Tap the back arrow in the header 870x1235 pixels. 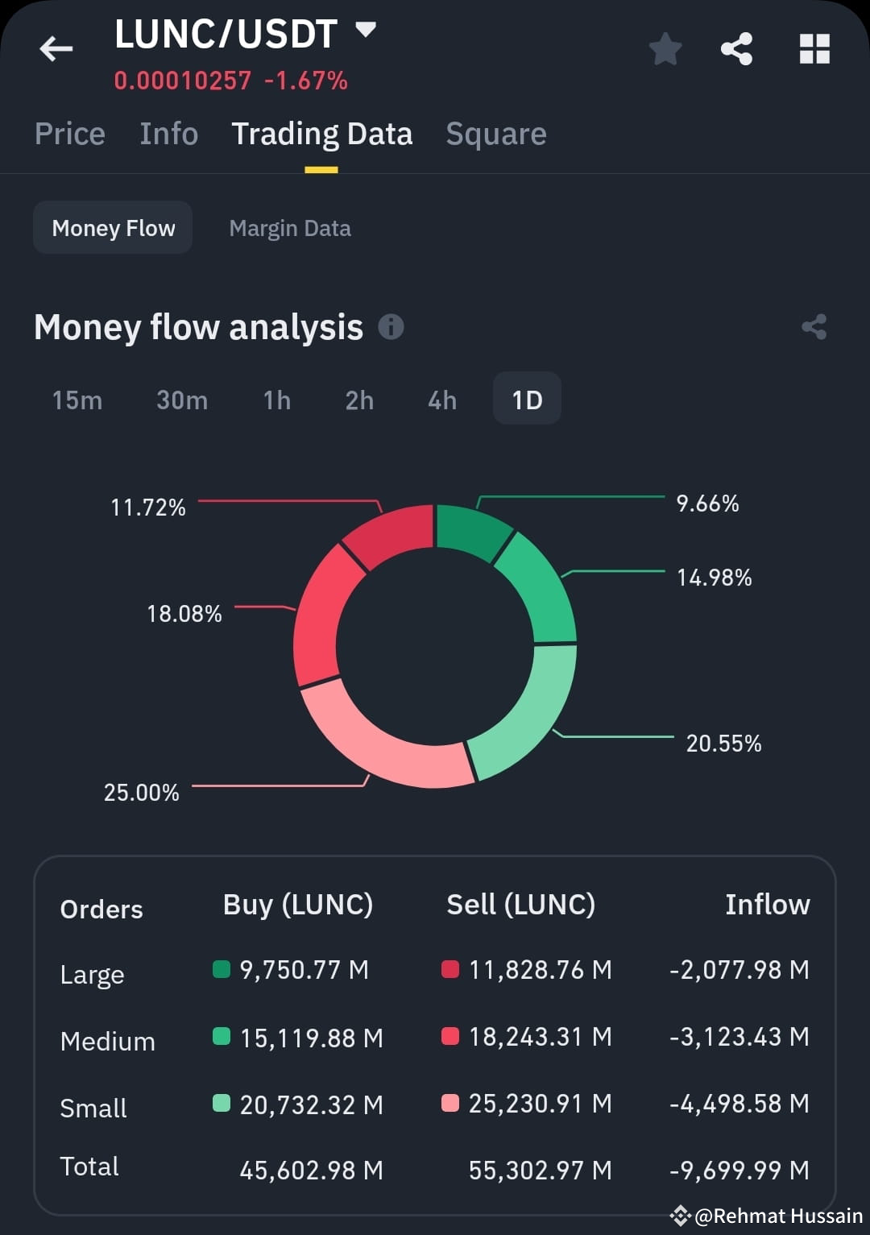point(56,49)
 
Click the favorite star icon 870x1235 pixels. point(665,49)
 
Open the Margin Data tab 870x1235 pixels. point(290,228)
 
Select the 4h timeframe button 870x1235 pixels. point(441,400)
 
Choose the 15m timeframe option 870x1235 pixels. point(77,400)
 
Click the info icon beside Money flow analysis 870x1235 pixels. point(391,327)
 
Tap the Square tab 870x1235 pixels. point(496,134)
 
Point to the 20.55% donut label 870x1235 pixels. point(723,743)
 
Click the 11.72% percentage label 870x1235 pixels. point(148,508)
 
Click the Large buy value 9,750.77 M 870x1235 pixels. point(304,969)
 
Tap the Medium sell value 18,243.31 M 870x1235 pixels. point(540,1036)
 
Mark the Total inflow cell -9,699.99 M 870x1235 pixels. point(739,1170)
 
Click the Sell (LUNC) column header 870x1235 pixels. point(521,905)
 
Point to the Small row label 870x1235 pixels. point(93,1109)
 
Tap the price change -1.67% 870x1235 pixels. point(306,81)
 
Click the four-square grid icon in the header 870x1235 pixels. point(814,49)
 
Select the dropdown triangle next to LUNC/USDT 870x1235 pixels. point(366,31)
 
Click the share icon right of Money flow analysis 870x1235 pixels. point(814,327)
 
